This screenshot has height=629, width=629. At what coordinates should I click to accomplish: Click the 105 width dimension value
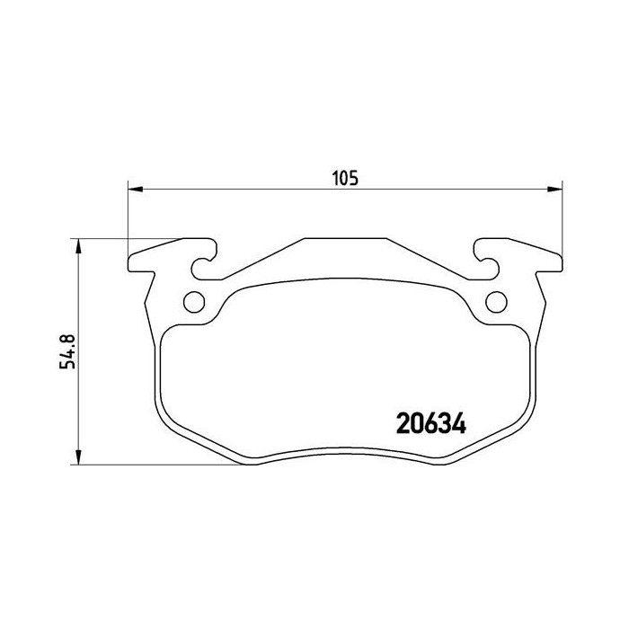(x=346, y=177)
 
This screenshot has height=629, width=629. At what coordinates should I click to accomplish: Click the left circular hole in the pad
(x=193, y=302)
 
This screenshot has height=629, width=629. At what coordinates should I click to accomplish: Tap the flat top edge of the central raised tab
(x=345, y=239)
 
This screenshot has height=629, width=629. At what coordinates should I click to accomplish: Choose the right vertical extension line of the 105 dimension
(x=561, y=216)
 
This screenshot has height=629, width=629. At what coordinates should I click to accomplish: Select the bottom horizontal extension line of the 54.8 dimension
(x=162, y=465)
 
